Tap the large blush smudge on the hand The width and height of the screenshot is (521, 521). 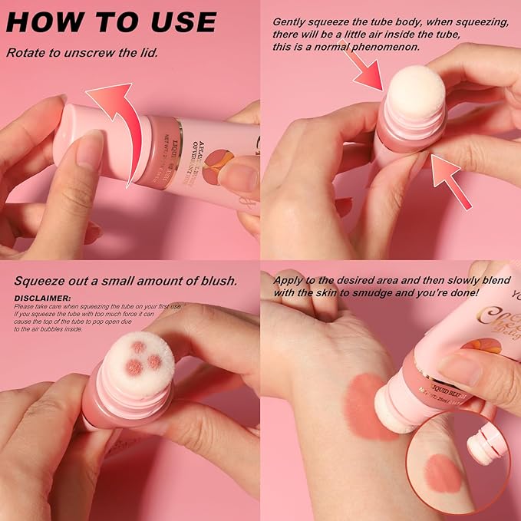coord(371,406)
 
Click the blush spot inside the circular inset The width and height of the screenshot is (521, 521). coord(444,473)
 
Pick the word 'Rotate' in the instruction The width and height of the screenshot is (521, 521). coord(27,53)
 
